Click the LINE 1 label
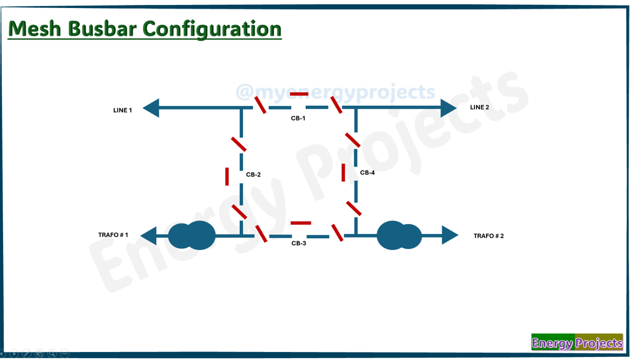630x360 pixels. tap(122, 110)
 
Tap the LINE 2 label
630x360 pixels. tap(479, 107)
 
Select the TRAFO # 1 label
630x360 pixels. tap(113, 235)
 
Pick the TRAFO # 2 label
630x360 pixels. tap(488, 236)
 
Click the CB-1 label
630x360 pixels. tap(298, 118)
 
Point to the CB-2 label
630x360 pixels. tap(253, 175)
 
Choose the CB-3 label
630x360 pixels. tap(298, 244)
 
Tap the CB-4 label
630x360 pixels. tap(367, 173)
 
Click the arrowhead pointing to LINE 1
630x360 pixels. tap(151, 108)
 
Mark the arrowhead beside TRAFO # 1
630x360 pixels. tap(148, 235)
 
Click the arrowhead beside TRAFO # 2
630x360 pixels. tap(450, 235)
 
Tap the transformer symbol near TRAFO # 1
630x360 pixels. tap(191, 235)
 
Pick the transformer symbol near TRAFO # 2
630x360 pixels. tap(399, 235)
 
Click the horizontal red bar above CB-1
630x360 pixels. tap(299, 94)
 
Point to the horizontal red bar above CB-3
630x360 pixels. tap(301, 223)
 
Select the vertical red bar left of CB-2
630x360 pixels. tap(227, 176)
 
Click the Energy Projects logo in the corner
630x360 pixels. tap(576, 342)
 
